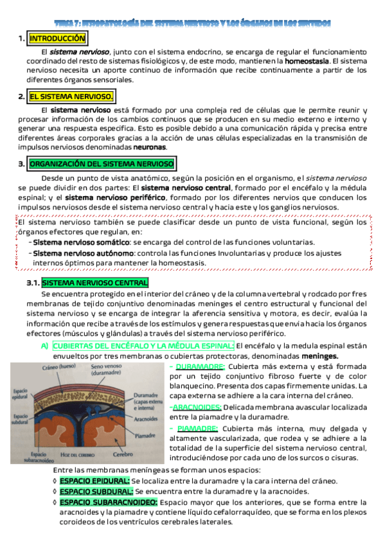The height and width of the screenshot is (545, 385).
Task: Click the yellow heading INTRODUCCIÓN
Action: pos(57,39)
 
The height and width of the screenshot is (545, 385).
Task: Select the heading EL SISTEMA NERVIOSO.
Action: pos(71,97)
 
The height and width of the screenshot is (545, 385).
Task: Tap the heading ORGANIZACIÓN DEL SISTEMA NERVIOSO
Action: pos(101,164)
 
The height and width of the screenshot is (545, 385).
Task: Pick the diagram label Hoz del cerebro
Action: pos(82,456)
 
